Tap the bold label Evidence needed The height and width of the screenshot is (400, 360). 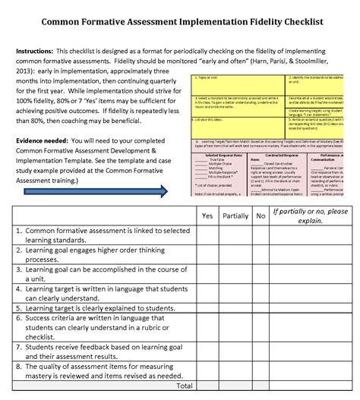[x=47, y=141]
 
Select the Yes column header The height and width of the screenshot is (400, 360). [x=207, y=216]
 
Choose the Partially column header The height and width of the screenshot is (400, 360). [x=235, y=216]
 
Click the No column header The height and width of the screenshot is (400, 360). [x=261, y=216]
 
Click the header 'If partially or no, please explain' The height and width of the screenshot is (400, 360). [x=310, y=216]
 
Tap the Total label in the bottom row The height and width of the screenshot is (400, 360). [x=184, y=386]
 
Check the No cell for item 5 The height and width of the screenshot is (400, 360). [x=261, y=308]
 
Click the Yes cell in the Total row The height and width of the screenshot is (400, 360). [x=207, y=386]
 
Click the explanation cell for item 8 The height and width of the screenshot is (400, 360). [x=310, y=370]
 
